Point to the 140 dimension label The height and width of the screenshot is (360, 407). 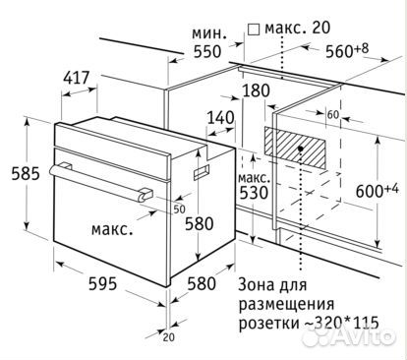coord(221,118)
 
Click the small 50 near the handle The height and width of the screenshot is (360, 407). coord(179,209)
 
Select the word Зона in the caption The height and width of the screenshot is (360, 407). coord(260,284)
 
